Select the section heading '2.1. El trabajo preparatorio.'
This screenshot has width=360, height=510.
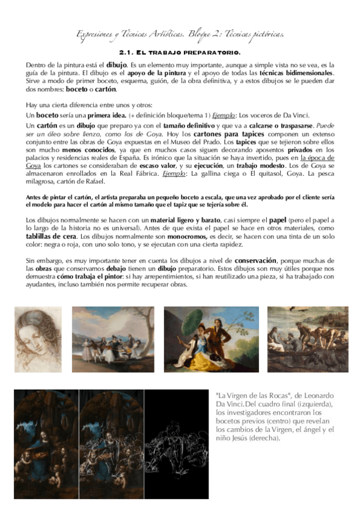(180, 52)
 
